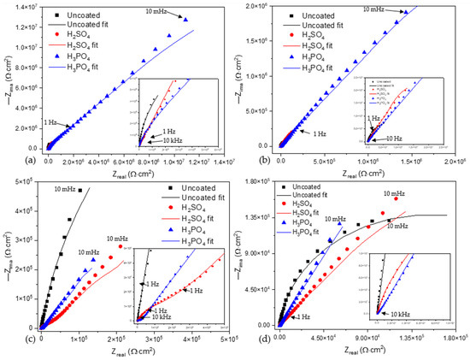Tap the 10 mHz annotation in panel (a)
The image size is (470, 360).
(x=156, y=10)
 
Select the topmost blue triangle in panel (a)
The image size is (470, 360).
(x=185, y=20)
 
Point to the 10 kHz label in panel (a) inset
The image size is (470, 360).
(x=174, y=139)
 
